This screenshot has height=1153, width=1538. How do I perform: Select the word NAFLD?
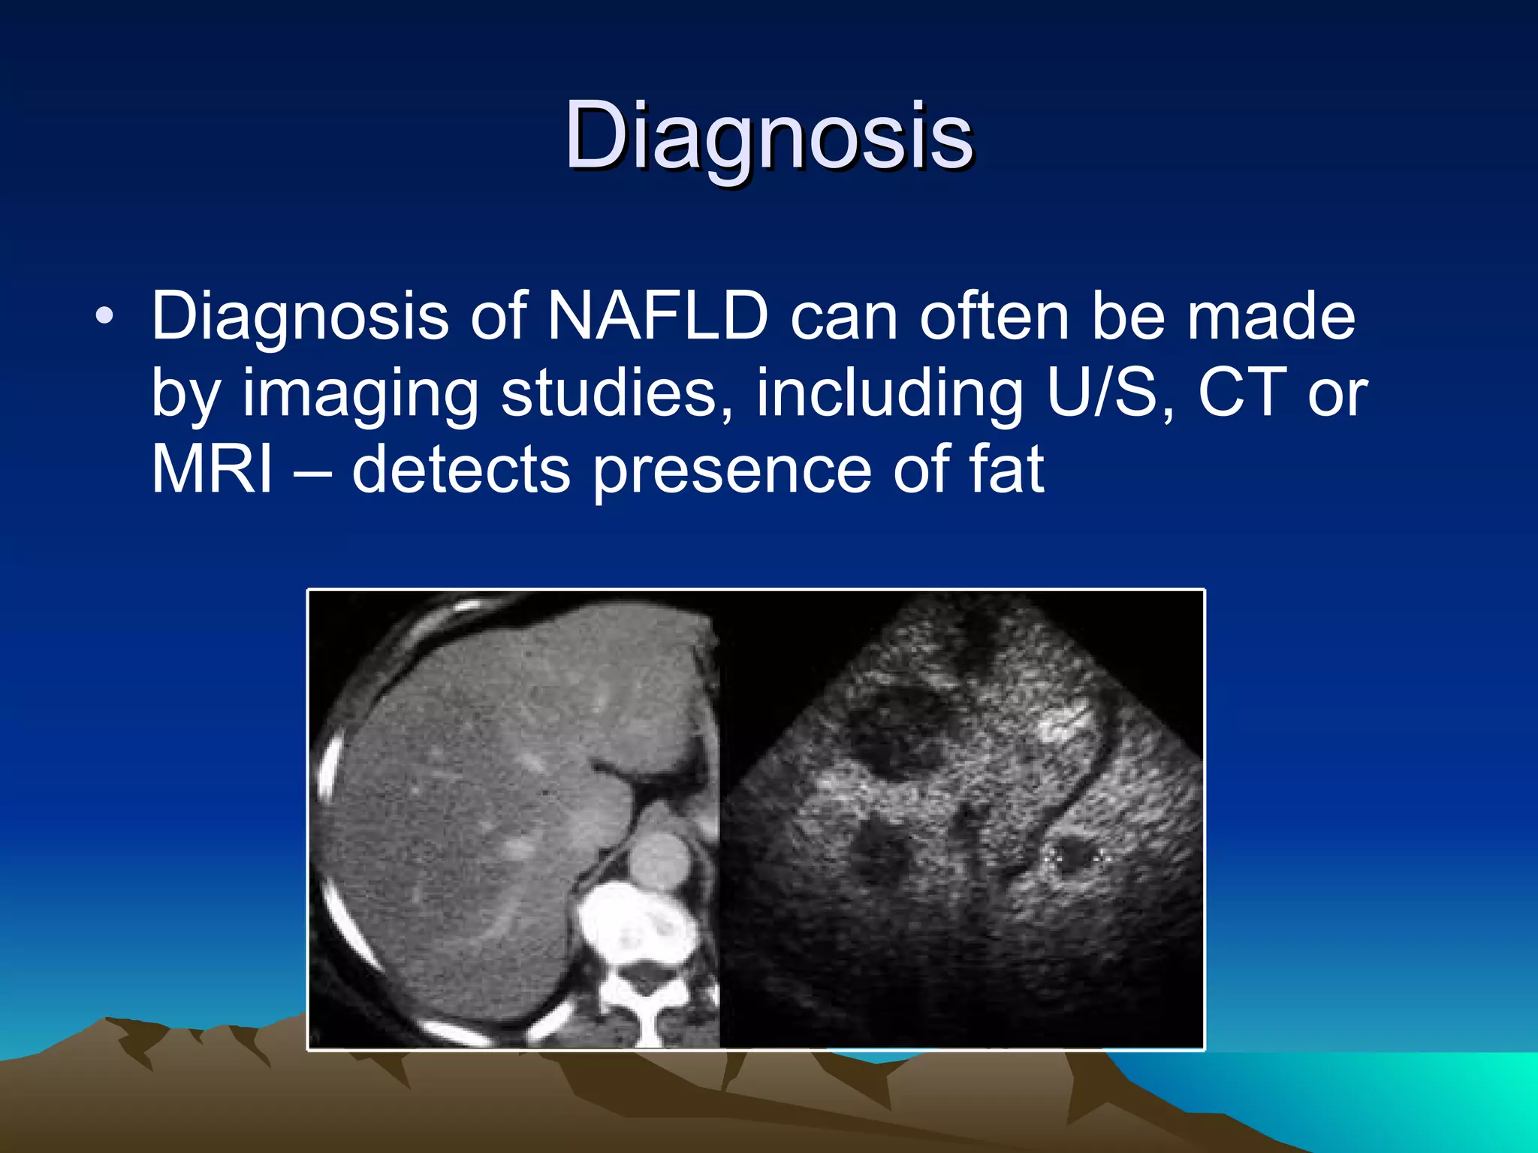(x=658, y=317)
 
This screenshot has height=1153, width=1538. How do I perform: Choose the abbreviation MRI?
(x=212, y=470)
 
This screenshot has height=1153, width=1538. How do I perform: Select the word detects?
(x=460, y=470)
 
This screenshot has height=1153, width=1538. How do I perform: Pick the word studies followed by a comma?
(x=616, y=394)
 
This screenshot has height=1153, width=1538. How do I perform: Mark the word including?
(x=889, y=394)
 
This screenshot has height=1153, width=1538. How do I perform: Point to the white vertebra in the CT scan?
(x=635, y=931)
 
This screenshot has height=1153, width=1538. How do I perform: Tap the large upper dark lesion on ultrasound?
(x=894, y=732)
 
